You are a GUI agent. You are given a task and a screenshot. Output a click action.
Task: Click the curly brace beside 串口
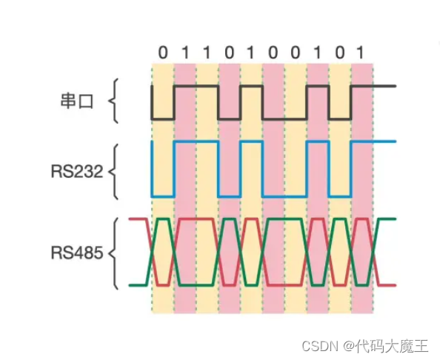tap(113, 102)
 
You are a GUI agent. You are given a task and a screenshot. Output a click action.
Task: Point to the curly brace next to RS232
tap(113, 171)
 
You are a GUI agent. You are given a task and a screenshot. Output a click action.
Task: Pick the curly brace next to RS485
tap(113, 252)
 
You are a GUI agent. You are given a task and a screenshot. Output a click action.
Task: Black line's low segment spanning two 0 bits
tap(285, 119)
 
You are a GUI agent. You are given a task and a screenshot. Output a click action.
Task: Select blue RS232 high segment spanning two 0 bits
tap(285, 141)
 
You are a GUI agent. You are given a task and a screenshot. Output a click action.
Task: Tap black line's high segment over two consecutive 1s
tap(196, 87)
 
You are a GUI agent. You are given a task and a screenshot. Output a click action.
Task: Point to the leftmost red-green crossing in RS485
tap(152, 253)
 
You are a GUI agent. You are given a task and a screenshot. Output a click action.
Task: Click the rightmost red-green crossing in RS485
tap(374, 253)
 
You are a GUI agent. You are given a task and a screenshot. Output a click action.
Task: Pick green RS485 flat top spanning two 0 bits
tap(285, 219)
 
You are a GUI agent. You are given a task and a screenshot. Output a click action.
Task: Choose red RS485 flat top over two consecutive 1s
tap(196, 219)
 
